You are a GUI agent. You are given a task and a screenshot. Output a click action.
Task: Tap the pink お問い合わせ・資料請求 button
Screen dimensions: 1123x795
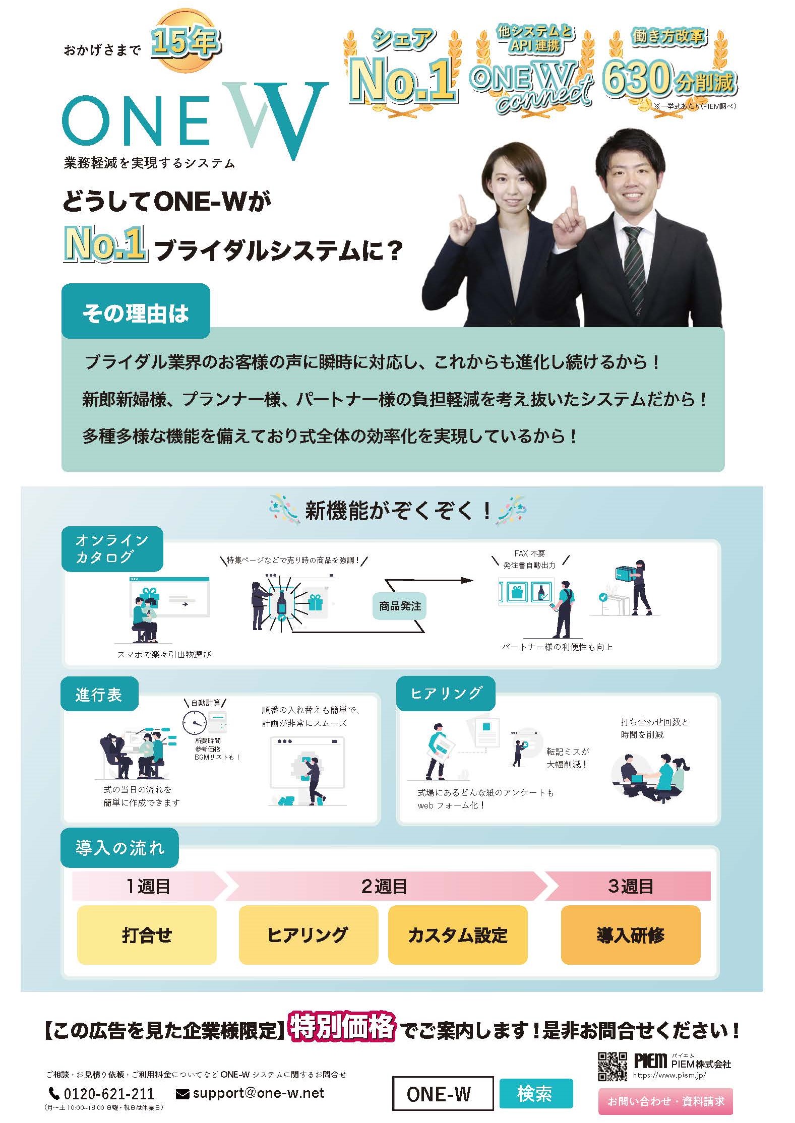pyautogui.click(x=665, y=1101)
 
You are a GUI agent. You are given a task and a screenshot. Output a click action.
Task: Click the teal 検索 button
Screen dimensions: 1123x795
pyautogui.click(x=536, y=1093)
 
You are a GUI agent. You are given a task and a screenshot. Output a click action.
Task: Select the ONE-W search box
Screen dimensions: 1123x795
pyautogui.click(x=442, y=1093)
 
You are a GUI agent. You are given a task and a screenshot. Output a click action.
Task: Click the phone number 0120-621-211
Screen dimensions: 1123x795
pyautogui.click(x=108, y=1093)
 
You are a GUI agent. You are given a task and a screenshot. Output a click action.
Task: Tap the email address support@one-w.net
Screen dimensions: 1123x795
pyautogui.click(x=258, y=1093)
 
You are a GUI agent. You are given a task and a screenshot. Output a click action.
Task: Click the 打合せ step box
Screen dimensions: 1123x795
pyautogui.click(x=147, y=934)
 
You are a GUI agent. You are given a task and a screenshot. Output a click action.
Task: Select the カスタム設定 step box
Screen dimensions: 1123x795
pyautogui.click(x=457, y=934)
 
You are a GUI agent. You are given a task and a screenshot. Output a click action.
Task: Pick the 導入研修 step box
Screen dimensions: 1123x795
pyautogui.click(x=630, y=934)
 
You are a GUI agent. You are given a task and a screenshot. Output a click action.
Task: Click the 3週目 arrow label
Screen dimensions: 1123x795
pyautogui.click(x=630, y=886)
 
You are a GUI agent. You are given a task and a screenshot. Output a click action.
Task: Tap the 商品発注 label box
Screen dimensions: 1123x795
pyautogui.click(x=400, y=606)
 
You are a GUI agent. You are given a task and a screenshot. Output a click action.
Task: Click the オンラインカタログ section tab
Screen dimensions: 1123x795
pyautogui.click(x=112, y=548)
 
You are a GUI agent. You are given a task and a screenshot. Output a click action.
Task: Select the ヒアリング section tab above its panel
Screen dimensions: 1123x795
pyautogui.click(x=446, y=693)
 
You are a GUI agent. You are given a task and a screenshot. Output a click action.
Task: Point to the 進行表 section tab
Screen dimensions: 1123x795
pyautogui.click(x=99, y=695)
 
